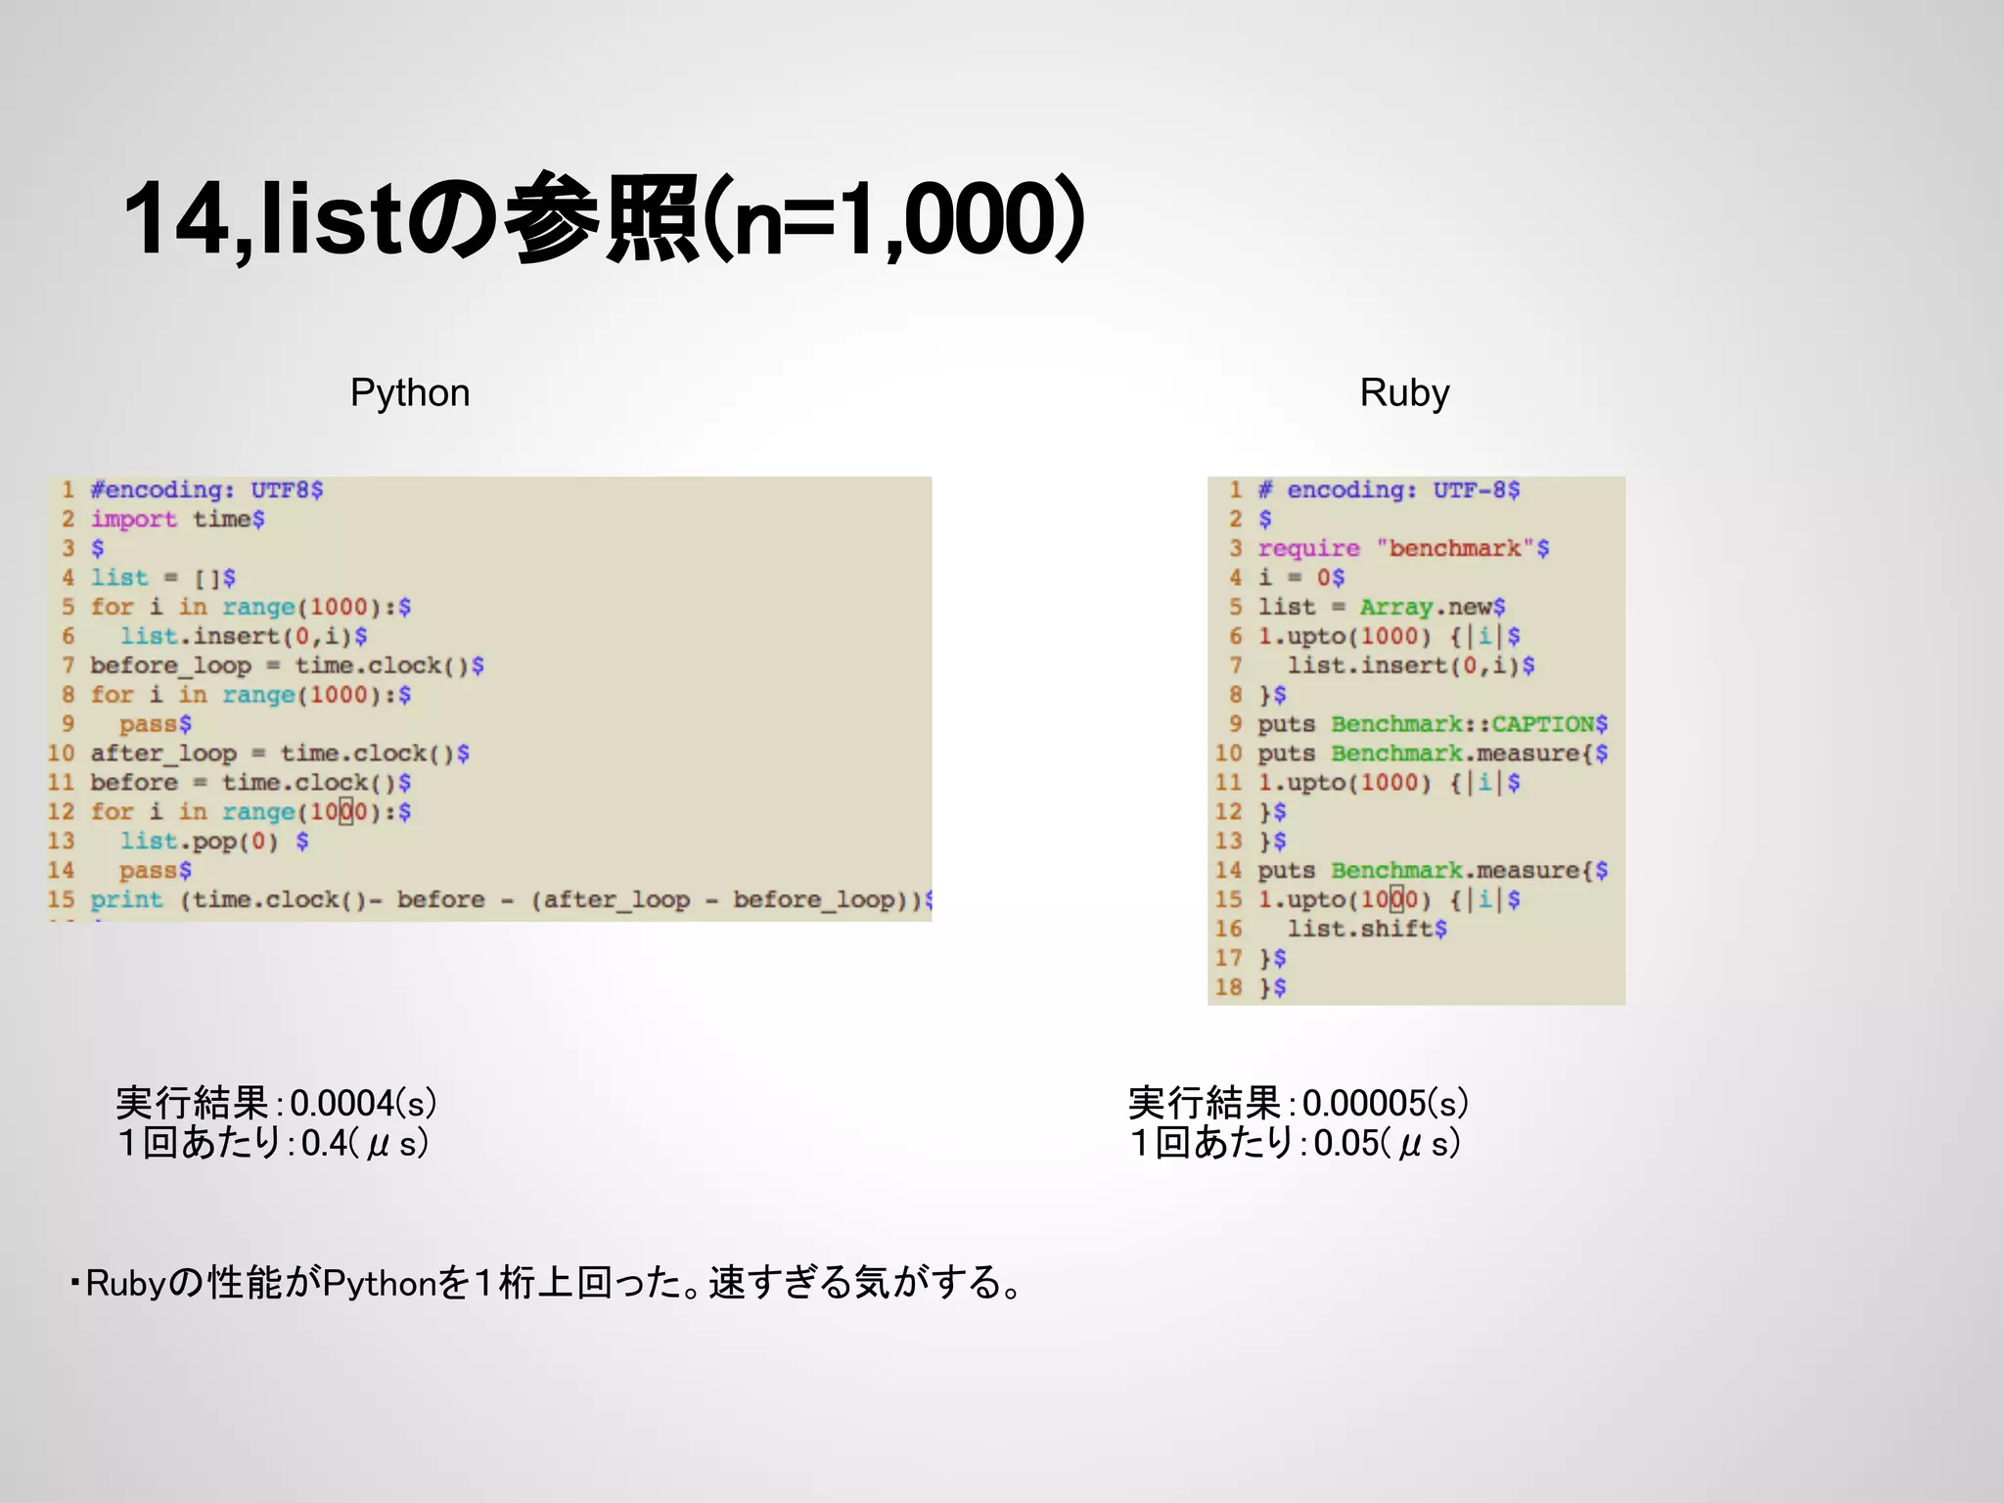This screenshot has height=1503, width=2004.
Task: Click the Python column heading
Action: (x=410, y=393)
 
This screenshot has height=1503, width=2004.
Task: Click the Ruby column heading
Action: (x=1404, y=393)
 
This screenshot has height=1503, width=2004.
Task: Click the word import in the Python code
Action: (x=134, y=519)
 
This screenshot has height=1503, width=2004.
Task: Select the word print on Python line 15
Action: (x=126, y=899)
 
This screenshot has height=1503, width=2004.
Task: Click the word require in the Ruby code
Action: (x=1308, y=548)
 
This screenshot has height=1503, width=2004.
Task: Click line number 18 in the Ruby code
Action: (x=1228, y=987)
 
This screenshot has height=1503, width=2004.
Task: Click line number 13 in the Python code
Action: (x=61, y=841)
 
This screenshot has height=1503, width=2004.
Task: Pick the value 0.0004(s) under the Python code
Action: (x=363, y=1104)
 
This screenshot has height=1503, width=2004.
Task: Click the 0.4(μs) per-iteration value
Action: (x=365, y=1143)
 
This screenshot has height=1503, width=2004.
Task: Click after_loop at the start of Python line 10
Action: (x=163, y=753)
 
